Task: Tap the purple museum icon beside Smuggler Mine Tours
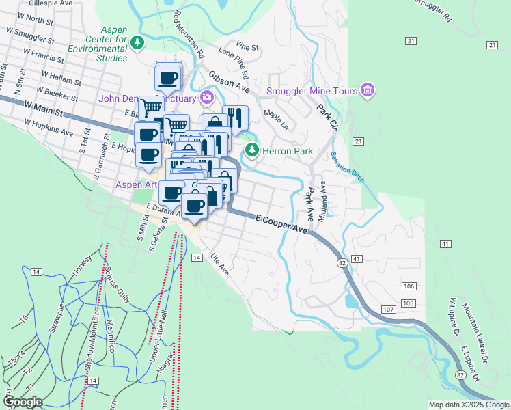[368, 90]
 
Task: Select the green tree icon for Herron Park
[252, 150]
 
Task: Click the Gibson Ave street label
[229, 81]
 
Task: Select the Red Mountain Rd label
[189, 33]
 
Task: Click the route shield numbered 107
[389, 310]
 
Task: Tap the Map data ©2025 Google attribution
[468, 405]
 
